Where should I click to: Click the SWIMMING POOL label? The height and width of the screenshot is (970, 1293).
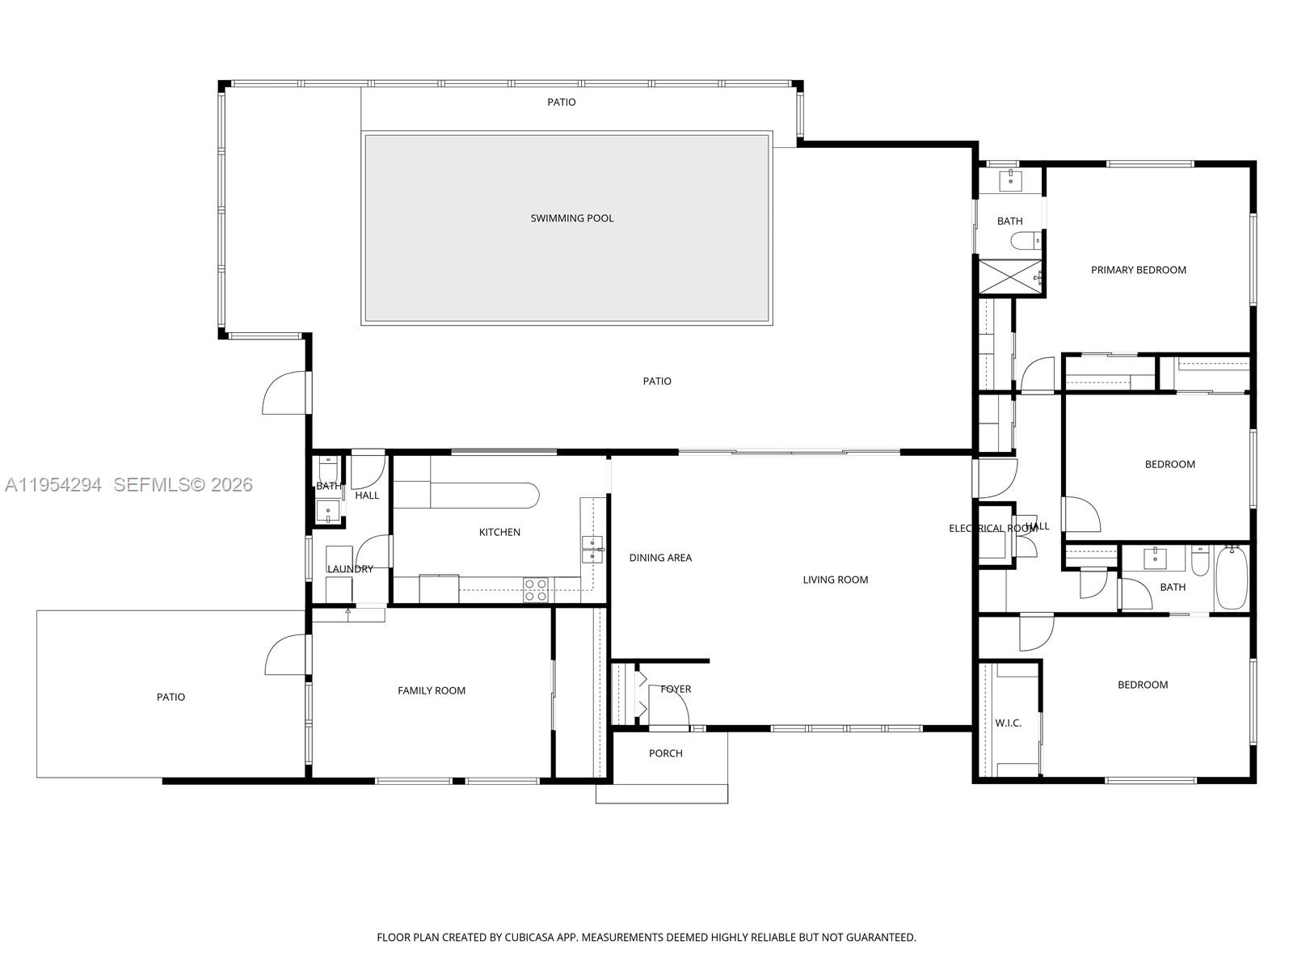coord(572,218)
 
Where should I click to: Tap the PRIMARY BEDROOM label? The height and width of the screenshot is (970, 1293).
coord(1138,270)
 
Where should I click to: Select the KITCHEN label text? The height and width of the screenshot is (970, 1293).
coord(499,532)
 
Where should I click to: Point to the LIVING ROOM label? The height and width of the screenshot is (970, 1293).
coord(835,580)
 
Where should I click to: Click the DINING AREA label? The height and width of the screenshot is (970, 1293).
coord(660,558)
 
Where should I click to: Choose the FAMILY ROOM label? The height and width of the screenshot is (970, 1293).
coord(432,690)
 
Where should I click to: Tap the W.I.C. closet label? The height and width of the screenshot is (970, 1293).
coord(1008,723)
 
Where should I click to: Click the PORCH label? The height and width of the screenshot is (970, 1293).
coord(665,753)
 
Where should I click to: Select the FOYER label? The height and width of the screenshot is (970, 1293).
coord(676,690)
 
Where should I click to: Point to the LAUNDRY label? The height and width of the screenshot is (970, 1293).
coord(350,569)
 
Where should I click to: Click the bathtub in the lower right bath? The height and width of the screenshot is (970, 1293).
coord(1232,579)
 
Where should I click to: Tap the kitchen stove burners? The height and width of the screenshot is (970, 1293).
coord(535,590)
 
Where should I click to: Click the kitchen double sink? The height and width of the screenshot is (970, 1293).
coord(592,549)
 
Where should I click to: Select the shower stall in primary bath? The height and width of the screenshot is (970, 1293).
coord(1010,278)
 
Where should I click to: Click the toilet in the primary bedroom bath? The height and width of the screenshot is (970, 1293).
coord(1027,240)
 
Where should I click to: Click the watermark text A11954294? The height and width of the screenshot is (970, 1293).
coord(53,485)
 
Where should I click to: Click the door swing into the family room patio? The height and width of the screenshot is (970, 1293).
coord(288,654)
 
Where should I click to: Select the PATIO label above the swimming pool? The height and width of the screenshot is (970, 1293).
coord(561,103)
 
